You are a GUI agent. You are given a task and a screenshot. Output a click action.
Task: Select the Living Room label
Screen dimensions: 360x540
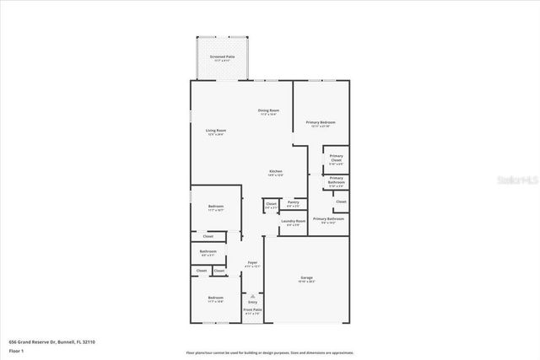coord(216,131)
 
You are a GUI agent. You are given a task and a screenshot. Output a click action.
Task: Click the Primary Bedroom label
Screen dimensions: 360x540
coord(321,122)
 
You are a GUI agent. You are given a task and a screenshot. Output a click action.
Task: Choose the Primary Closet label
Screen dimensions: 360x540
coord(336,158)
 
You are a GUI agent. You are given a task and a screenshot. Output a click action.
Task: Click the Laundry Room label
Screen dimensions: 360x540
coord(294,222)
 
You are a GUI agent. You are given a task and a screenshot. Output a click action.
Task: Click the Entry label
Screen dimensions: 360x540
coord(252,301)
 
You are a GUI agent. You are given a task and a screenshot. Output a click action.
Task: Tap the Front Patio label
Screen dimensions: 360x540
coord(252,311)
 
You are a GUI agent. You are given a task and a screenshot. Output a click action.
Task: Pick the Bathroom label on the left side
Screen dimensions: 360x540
coord(208,251)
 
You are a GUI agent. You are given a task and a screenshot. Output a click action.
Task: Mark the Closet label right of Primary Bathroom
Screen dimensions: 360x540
coord(341,201)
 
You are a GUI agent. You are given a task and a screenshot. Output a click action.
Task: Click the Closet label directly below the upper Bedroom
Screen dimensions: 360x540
coord(208,236)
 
